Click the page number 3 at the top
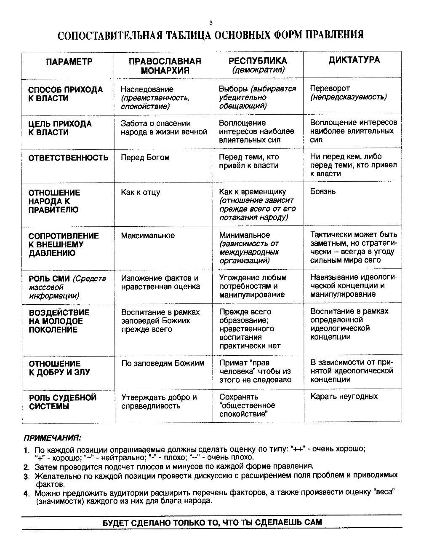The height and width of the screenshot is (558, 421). [x=211, y=22]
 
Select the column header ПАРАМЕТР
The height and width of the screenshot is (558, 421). [x=69, y=62]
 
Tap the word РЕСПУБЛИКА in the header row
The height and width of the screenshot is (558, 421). [x=258, y=61]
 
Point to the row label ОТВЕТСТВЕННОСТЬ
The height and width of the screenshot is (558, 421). [x=68, y=158]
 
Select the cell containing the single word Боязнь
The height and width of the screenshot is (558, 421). [x=323, y=191]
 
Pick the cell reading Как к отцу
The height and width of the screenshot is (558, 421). [x=140, y=192]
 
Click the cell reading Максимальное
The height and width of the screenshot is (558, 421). [x=147, y=235]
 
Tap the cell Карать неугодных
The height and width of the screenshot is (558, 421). [x=344, y=396]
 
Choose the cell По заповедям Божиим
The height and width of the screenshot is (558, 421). [x=163, y=363]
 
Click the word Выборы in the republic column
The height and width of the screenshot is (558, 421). [x=233, y=89]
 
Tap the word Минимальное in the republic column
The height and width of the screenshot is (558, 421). [x=244, y=235]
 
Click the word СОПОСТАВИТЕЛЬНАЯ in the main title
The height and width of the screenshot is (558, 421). [x=110, y=35]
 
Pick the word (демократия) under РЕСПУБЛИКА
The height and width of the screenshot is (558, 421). [x=258, y=70]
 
